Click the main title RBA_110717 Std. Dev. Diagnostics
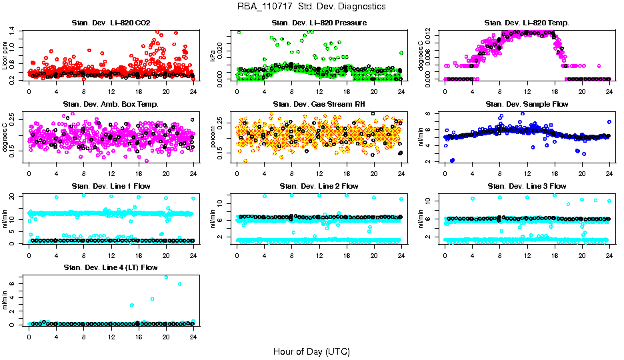[311, 7]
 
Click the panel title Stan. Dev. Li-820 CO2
[111, 23]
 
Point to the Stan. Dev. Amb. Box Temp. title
[111, 105]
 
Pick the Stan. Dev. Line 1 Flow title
[111, 186]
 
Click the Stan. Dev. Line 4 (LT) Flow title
[111, 267]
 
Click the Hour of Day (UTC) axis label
[311, 351]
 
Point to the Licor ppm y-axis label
[5, 55]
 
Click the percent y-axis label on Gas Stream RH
[213, 137]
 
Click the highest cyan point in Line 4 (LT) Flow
[166, 277]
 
